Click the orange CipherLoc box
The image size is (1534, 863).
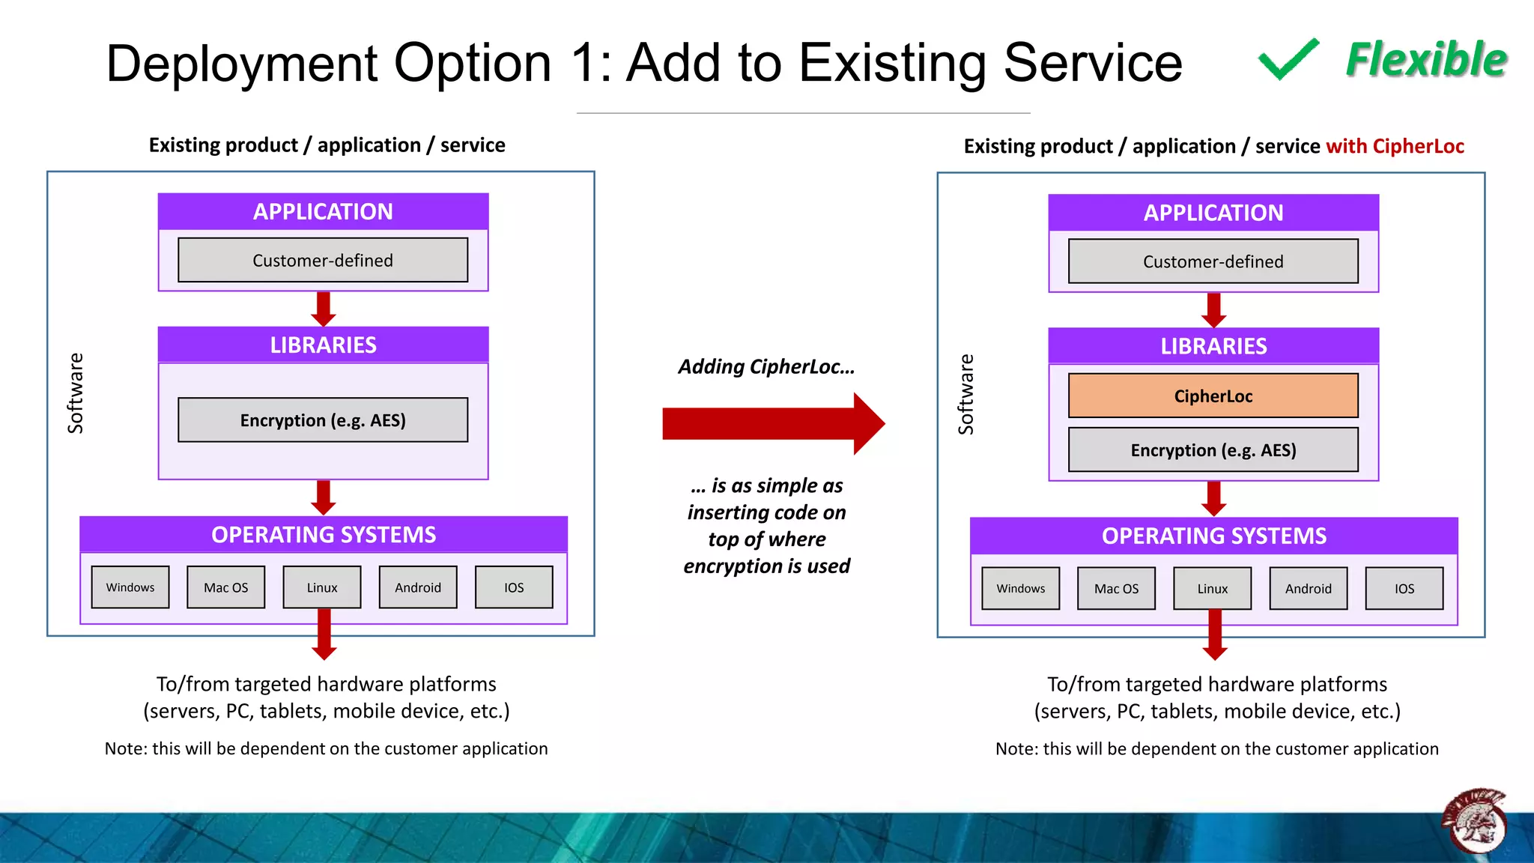[1213, 396]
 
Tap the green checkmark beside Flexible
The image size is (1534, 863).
[1288, 59]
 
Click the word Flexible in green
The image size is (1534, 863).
[1426, 60]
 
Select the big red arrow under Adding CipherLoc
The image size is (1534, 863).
[771, 424]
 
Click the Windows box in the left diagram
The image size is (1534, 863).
[130, 587]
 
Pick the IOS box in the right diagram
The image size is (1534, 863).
[1404, 589]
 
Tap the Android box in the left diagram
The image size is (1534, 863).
[418, 587]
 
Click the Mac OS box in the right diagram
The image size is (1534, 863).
[1116, 589]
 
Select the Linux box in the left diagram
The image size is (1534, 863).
[322, 587]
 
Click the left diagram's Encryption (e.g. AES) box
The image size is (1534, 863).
[323, 420]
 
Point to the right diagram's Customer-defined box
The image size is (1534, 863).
[1213, 261]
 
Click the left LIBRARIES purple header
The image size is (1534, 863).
[323, 345]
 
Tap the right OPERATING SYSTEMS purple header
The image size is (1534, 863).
[1213, 536]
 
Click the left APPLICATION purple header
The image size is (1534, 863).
[323, 212]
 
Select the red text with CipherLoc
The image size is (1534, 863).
[1395, 146]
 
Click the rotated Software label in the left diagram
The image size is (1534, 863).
[75, 393]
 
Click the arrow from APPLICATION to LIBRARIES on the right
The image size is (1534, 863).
[1213, 309]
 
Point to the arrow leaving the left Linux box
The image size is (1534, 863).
[324, 635]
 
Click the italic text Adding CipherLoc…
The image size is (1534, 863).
[766, 366]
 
